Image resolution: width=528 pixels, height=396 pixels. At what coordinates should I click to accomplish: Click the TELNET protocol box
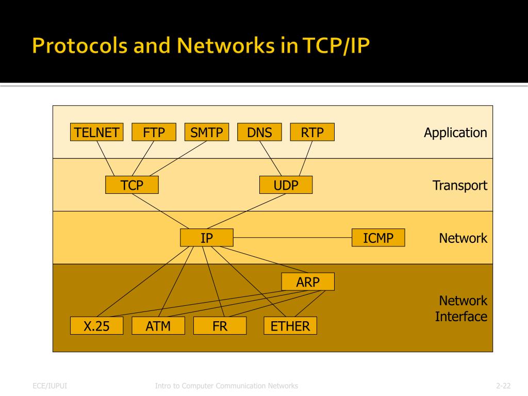pos(97,133)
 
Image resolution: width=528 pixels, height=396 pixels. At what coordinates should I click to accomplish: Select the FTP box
pos(154,133)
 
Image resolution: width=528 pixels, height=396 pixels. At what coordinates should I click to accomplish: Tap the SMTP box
pos(206,133)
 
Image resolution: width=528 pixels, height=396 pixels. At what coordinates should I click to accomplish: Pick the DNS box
pos(259,133)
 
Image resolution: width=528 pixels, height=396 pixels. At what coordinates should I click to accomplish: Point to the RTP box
pos(312,133)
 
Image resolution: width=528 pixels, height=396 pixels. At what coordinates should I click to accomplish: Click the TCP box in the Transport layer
pos(131,185)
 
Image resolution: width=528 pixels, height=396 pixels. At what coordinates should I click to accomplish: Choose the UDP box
pos(286,185)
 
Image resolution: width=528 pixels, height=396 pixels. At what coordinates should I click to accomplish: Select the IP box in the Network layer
pos(207,238)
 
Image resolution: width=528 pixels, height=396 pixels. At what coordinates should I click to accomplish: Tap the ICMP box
pos(378,238)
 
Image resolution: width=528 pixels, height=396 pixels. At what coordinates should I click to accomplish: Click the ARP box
pos(308,282)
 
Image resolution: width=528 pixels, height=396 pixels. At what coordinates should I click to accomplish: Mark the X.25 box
pos(96,326)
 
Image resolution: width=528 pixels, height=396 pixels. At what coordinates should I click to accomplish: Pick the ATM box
pos(158,326)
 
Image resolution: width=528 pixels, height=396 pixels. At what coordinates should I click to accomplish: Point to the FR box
pos(220,326)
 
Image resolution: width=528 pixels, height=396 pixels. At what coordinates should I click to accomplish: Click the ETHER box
pos(290,326)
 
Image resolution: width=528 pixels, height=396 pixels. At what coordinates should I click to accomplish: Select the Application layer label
pos(455,133)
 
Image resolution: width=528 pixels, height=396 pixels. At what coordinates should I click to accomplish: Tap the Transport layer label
pos(459,185)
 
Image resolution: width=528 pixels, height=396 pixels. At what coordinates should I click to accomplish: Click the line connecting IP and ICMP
pos(292,238)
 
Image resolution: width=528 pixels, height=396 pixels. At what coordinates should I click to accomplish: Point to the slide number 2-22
pos(503,386)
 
